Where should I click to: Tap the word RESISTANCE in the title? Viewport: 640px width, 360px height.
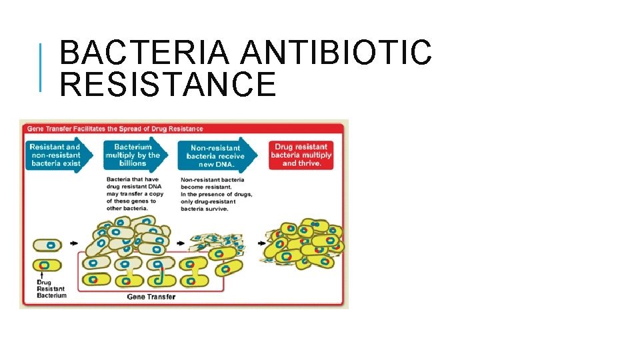(x=167, y=85)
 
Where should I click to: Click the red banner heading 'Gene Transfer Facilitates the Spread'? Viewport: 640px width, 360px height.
(x=115, y=128)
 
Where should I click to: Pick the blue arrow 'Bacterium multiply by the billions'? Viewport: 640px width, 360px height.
(x=133, y=155)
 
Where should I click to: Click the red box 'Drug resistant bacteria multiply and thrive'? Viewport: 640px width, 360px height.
(x=301, y=155)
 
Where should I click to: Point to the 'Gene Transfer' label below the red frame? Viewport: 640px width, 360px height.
(x=151, y=297)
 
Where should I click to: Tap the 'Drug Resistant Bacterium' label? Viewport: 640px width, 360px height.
(x=51, y=289)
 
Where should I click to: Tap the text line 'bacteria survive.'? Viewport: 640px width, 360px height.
(x=204, y=209)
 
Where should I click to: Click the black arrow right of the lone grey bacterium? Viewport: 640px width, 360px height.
(x=73, y=243)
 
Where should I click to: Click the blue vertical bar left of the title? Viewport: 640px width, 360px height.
(x=41, y=67)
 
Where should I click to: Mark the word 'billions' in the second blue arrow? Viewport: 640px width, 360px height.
(x=133, y=163)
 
